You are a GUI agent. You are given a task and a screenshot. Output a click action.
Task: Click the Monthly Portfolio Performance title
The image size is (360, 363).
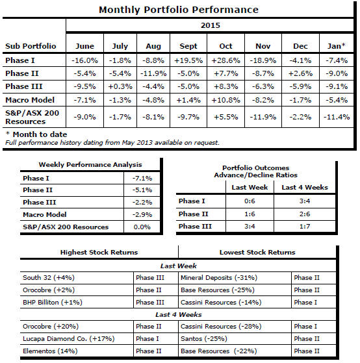[x=179, y=10]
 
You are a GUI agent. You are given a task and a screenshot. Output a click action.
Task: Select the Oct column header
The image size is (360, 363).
[x=225, y=46]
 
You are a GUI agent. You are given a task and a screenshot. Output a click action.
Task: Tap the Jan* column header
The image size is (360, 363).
[x=337, y=46]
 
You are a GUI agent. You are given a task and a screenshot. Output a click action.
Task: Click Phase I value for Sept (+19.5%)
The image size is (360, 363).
[x=188, y=60]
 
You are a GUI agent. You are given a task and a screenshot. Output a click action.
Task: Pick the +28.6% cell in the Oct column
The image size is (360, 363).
[x=225, y=60]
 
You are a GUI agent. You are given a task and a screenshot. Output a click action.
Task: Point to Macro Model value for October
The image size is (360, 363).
[x=225, y=100]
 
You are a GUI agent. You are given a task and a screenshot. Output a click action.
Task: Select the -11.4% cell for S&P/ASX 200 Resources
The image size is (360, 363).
[x=337, y=117]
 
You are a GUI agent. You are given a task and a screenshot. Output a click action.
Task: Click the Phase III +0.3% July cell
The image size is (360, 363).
[x=120, y=86]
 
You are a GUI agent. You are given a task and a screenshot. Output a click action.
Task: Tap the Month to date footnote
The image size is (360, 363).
[x=36, y=134]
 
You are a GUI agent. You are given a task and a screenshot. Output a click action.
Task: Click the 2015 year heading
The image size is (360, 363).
[x=210, y=25]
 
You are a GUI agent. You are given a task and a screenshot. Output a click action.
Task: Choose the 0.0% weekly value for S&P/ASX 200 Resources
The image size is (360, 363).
[x=142, y=227]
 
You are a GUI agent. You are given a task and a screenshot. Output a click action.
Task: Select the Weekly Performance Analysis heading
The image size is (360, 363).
[x=90, y=164]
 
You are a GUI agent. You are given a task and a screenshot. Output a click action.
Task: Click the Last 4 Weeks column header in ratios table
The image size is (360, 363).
[x=305, y=187]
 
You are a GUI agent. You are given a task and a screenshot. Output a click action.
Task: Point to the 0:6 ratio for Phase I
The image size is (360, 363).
[x=250, y=201]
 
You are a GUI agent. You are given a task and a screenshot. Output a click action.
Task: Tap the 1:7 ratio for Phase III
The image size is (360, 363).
[x=305, y=227]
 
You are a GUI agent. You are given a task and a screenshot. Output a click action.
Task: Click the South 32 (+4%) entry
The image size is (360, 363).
[x=49, y=277]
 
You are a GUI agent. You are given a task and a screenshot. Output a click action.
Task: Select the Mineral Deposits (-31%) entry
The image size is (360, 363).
[x=219, y=277]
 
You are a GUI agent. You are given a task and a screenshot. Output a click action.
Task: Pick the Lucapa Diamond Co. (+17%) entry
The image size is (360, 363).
[x=69, y=339]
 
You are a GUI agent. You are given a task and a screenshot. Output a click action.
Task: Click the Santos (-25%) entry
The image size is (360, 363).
[x=204, y=339]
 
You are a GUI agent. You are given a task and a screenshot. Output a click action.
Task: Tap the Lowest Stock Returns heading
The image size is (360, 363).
[x=257, y=253]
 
